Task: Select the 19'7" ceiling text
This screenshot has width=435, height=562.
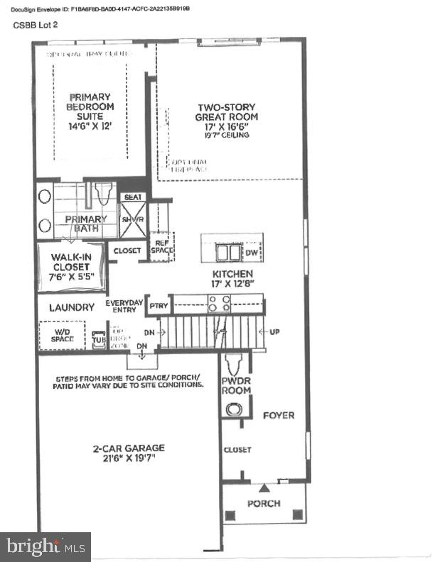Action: [x=227, y=136]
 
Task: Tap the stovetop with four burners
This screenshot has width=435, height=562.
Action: [x=218, y=304]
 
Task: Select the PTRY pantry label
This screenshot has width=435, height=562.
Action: [x=158, y=304]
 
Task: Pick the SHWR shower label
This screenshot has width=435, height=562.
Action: [x=132, y=220]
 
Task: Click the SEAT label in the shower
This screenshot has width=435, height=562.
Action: [x=132, y=197]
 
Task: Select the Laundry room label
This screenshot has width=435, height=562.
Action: [x=71, y=308]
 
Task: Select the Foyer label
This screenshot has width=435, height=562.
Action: [x=278, y=414]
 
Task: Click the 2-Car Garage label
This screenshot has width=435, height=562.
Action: [x=129, y=453]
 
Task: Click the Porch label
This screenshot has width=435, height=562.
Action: [x=263, y=503]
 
